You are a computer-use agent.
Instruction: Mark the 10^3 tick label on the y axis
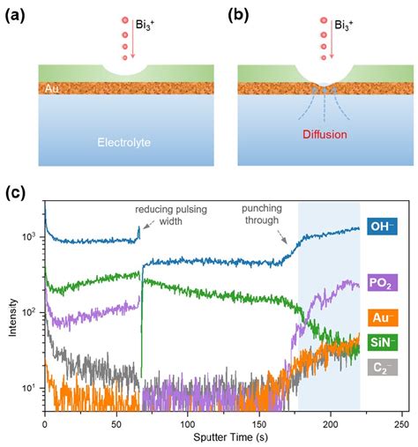coord(28,238)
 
